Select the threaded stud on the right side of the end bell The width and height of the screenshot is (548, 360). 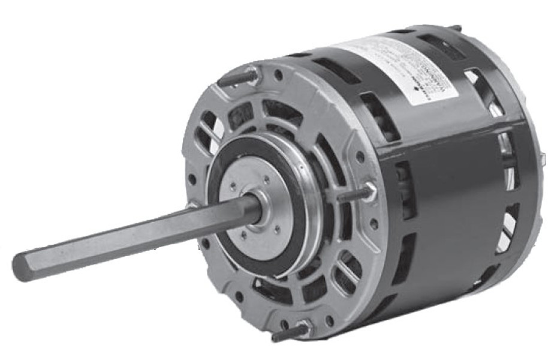pyautogui.click(x=354, y=196)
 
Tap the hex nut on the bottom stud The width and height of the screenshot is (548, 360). pyautogui.click(x=304, y=326)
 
